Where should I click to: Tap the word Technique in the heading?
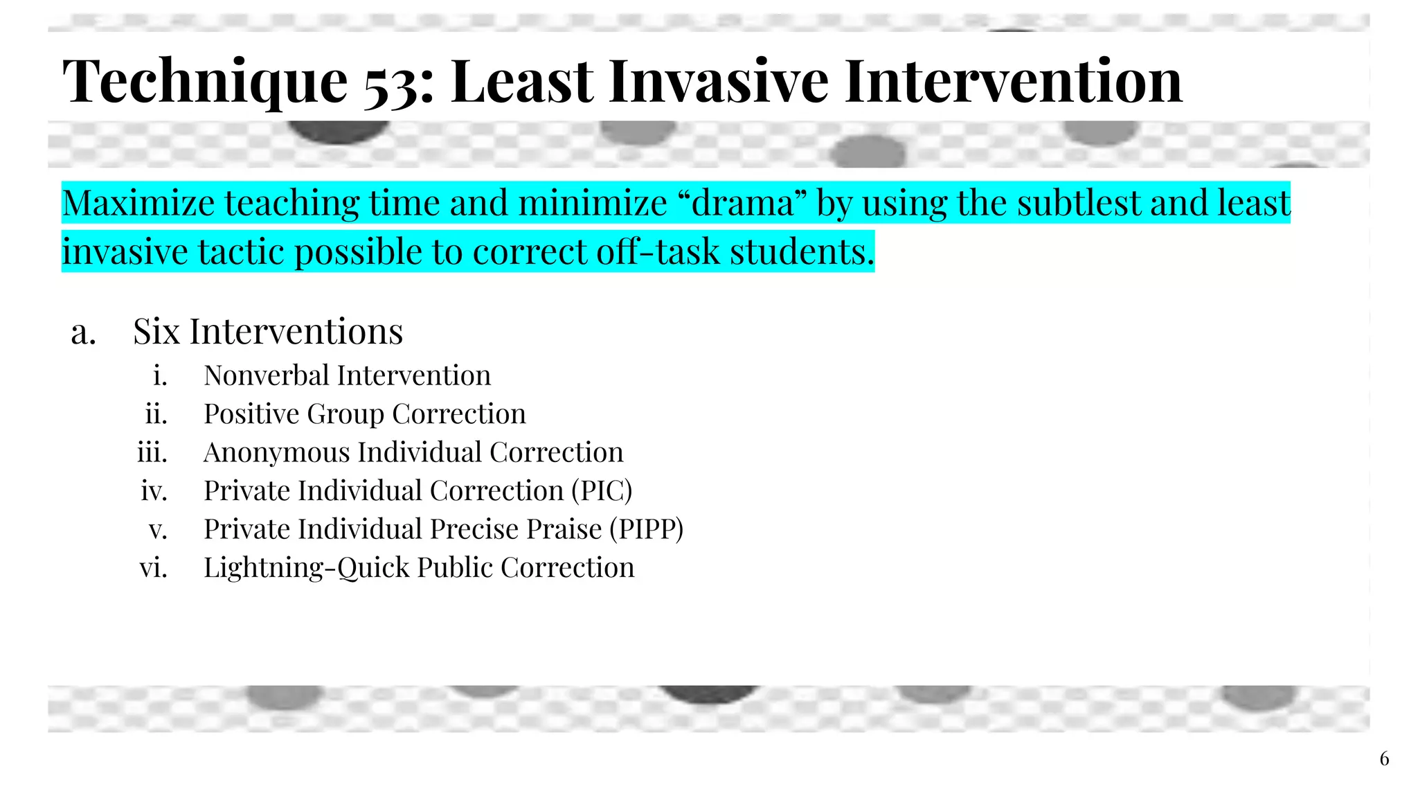coord(205,82)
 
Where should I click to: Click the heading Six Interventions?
coord(267,331)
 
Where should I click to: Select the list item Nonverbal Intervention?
coord(347,375)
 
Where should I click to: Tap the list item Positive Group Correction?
coord(364,414)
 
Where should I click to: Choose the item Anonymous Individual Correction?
coord(413,452)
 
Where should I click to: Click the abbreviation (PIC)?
coord(602,491)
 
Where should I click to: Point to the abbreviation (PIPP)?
coord(646,529)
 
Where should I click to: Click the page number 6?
coord(1384,759)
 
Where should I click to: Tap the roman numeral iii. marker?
coord(152,452)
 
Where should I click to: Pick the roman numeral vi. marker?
coord(153,568)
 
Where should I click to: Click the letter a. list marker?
coord(83,332)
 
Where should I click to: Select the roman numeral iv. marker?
coord(154,491)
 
